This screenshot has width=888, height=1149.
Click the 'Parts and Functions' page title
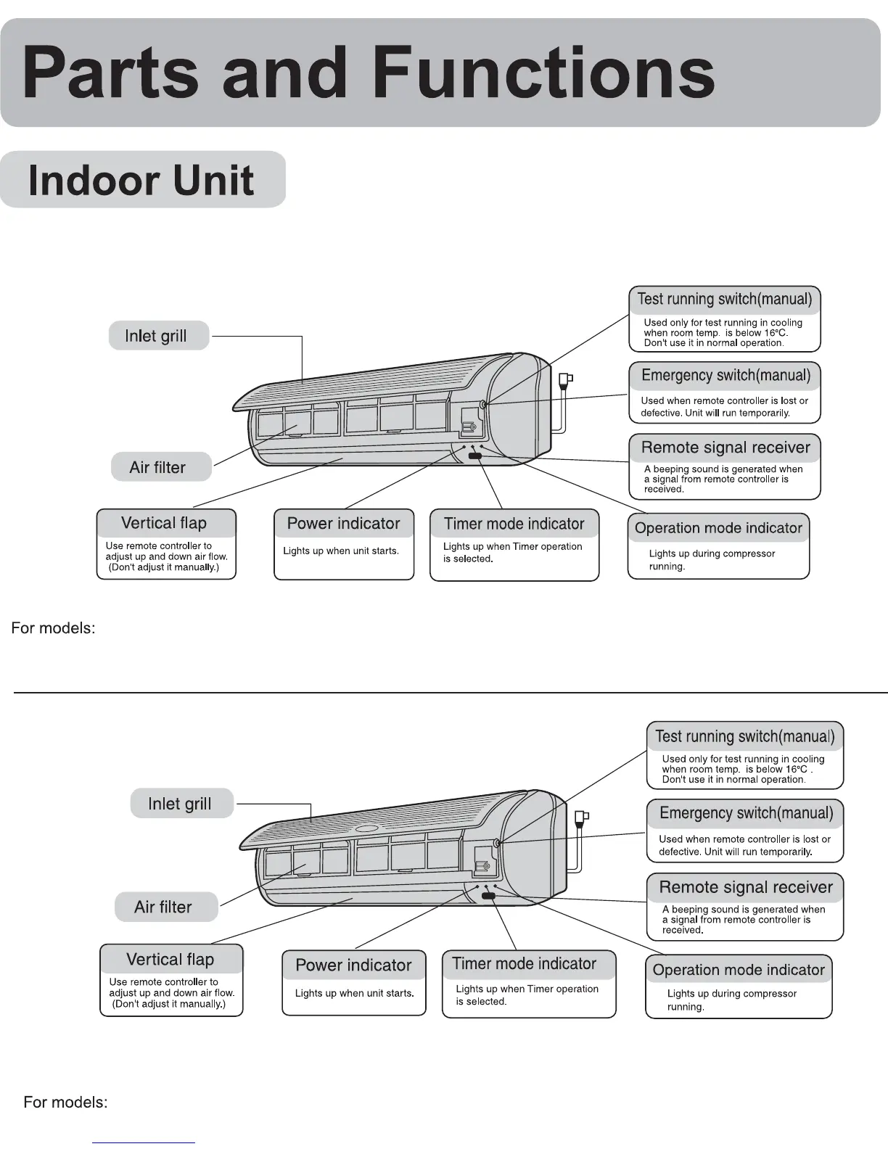point(369,73)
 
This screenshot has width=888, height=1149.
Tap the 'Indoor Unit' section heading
point(141,181)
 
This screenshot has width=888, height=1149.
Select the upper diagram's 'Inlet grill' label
point(156,336)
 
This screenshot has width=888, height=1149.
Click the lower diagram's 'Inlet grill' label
point(180,804)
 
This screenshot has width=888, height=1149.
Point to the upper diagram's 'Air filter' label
point(157,467)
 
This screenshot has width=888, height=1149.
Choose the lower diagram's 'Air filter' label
point(163,907)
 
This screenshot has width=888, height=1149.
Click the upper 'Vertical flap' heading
point(164,523)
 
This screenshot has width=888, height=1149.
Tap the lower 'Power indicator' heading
point(353,965)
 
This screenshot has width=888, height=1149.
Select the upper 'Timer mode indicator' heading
point(514,524)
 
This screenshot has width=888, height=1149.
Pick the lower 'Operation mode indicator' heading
point(739,970)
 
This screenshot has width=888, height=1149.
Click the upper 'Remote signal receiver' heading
point(725,448)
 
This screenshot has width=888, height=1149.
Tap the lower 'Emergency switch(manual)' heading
point(746,813)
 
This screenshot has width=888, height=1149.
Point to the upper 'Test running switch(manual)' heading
point(725,299)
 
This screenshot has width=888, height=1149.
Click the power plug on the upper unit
point(566,379)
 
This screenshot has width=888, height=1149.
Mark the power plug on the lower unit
point(582,818)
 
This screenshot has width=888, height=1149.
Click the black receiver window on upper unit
point(475,456)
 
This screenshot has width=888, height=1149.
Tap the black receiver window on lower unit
point(488,897)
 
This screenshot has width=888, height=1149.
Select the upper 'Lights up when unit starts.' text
point(341,551)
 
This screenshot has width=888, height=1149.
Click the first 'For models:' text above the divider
point(53,628)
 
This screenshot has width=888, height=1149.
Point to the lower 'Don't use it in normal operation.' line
point(733,780)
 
